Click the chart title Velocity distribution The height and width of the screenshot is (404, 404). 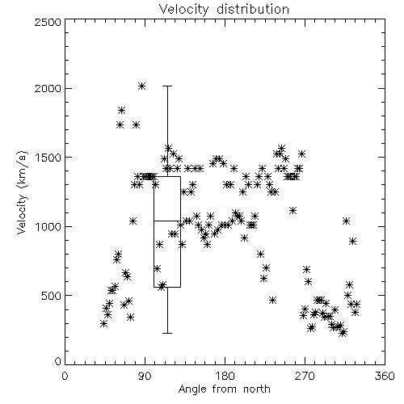(224, 10)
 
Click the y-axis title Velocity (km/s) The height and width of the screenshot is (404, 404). (22, 192)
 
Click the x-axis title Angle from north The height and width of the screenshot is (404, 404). (224, 389)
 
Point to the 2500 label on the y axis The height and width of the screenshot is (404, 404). (48, 22)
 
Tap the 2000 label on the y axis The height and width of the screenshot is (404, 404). (48, 88)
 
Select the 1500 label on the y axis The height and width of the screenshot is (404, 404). (48, 158)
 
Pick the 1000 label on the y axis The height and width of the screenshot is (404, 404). (48, 226)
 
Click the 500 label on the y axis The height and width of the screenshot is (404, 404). (51, 296)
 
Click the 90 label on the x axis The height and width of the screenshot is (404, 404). (145, 376)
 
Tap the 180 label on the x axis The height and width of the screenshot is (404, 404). (225, 376)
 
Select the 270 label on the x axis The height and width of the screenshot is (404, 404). (305, 376)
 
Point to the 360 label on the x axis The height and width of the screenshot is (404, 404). (385, 376)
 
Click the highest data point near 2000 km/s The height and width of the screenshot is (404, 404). (142, 86)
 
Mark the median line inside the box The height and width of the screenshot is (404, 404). (167, 221)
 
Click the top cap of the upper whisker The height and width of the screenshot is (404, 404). (167, 86)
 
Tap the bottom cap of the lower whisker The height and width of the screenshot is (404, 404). (167, 333)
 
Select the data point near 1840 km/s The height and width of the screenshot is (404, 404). (121, 110)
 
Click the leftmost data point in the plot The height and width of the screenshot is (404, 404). (104, 324)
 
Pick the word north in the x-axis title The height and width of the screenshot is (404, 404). (257, 389)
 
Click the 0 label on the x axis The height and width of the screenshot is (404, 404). (65, 376)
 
